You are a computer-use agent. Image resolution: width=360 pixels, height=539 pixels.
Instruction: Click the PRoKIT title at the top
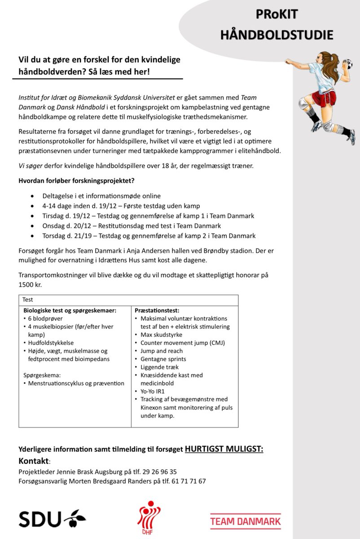pos(277,14)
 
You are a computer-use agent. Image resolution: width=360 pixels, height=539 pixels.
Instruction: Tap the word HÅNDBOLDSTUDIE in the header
pos(277,34)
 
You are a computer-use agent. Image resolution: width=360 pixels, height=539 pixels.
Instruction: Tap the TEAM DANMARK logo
pos(246,521)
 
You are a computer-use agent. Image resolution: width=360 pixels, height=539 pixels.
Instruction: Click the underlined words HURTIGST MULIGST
pos(224,449)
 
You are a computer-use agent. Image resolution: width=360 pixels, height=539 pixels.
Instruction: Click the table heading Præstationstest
pos(157,310)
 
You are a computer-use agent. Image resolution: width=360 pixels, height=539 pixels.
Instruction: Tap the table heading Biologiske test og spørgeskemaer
pos(70,310)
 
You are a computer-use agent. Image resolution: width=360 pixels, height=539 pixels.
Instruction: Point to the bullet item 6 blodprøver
pos(47,318)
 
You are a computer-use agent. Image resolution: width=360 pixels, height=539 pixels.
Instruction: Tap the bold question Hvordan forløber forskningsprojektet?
pos(76,181)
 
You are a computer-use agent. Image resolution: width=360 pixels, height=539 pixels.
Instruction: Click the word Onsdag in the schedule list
pos(54,226)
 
